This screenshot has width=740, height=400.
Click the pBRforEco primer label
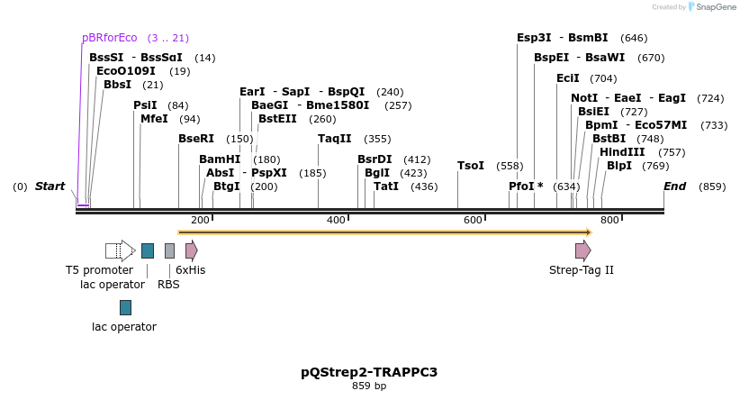(109, 38)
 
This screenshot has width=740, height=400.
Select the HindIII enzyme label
(622, 152)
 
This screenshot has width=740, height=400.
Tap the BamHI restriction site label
(220, 159)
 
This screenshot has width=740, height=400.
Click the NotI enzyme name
(583, 97)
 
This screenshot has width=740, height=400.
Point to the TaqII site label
(335, 139)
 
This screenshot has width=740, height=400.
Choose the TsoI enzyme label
(471, 166)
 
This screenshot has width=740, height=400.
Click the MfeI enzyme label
(154, 118)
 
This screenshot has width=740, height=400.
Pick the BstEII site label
(277, 118)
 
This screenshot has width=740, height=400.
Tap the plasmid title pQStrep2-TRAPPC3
(369, 372)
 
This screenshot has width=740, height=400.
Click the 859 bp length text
(369, 386)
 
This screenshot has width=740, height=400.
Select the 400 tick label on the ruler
(336, 221)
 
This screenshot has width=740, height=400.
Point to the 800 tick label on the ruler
(609, 221)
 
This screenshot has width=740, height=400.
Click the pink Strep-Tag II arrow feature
(583, 250)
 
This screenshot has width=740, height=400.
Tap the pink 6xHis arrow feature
(191, 250)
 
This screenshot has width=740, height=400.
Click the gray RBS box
(169, 250)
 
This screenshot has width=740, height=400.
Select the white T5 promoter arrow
(120, 250)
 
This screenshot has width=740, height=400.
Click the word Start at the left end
(50, 186)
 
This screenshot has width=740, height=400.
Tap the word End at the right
(674, 186)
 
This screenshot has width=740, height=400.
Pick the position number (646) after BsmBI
(634, 38)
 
